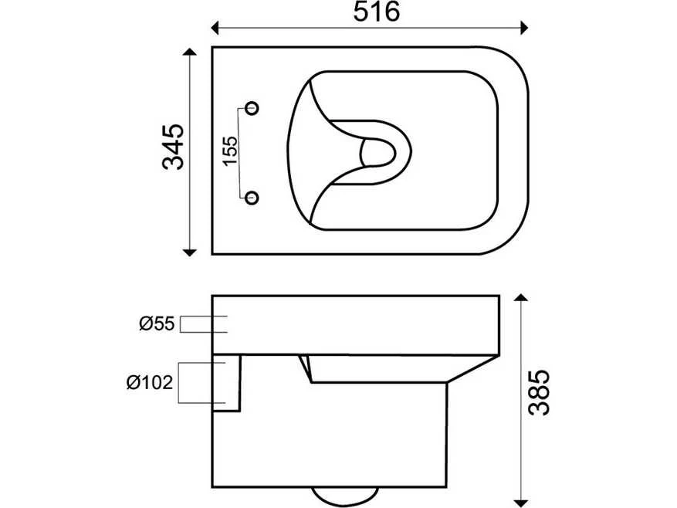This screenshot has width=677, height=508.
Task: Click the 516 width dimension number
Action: click(377, 12)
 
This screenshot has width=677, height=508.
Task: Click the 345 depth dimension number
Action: click(174, 147)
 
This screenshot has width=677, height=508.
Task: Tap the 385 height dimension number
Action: click(540, 392)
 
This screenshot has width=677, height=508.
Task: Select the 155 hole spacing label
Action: click(230, 151)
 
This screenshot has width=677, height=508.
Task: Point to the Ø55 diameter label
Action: click(157, 323)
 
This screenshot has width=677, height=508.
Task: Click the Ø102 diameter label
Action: click(150, 382)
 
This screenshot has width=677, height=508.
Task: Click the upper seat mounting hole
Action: click(252, 107)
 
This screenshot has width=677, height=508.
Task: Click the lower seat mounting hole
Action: click(252, 198)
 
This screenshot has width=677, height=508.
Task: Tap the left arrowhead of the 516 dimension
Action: click(215, 28)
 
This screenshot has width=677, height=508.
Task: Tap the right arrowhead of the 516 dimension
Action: click(524, 28)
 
